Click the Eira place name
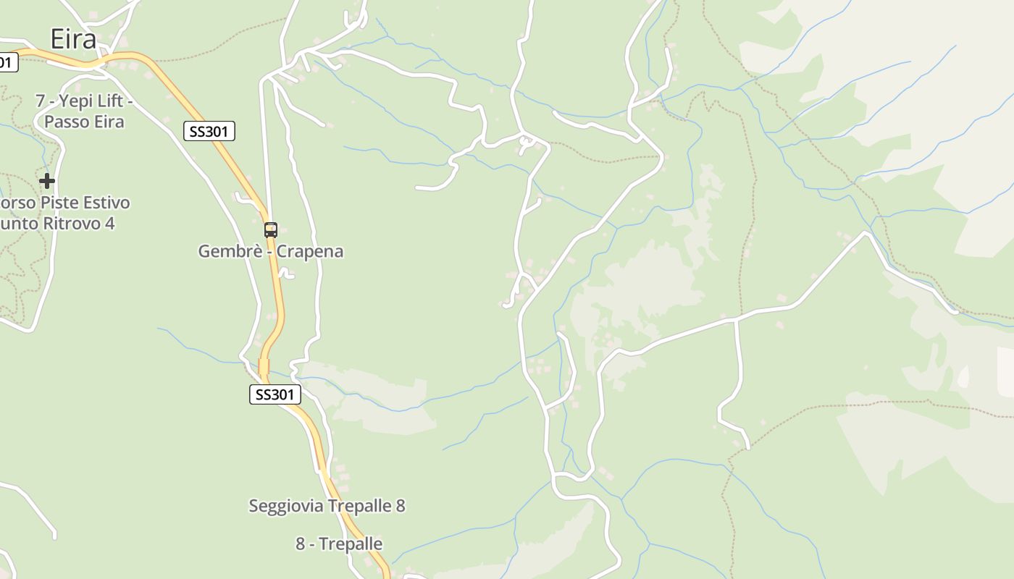[x=73, y=39]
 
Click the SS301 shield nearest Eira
[x=209, y=131]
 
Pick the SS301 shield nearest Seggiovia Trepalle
[x=275, y=394]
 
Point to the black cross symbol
[x=47, y=180]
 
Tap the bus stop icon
[x=270, y=230]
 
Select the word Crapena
[x=310, y=252]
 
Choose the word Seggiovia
[x=285, y=506]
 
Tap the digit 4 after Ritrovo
[x=109, y=223]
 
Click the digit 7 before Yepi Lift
[x=41, y=101]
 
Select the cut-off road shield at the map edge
[x=6, y=62]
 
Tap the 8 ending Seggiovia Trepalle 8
[x=401, y=506]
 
